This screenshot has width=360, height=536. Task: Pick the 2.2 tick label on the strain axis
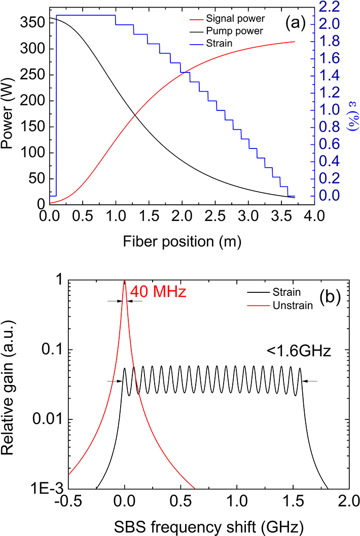(336, 7)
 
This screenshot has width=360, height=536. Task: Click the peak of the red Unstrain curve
(125, 282)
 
